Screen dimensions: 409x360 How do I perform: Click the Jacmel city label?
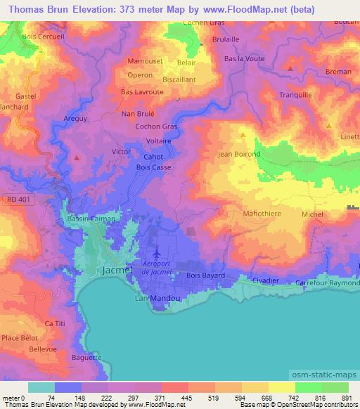tap(112, 270)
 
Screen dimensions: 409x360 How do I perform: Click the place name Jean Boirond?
tap(239, 154)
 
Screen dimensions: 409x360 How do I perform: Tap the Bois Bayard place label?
tap(205, 275)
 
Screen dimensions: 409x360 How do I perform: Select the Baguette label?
tap(86, 357)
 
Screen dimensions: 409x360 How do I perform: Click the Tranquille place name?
tap(295, 95)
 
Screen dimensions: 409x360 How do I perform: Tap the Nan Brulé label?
tap(138, 112)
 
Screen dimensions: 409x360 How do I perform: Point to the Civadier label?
tap(264, 280)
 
